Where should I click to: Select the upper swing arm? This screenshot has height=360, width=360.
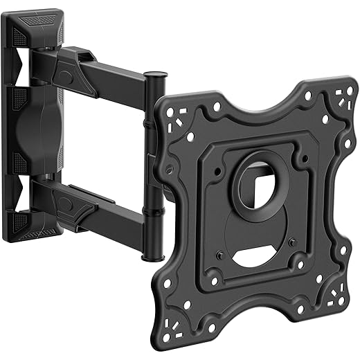(x=111, y=72)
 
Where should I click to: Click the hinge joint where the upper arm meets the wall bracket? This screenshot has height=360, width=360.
(x=70, y=62)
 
